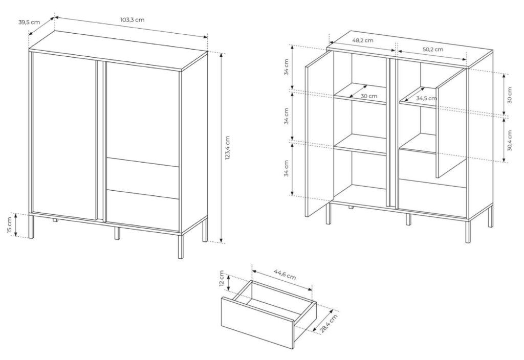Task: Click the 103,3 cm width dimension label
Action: (x=132, y=20)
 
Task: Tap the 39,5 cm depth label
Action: (x=29, y=22)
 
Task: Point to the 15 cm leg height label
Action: (x=10, y=225)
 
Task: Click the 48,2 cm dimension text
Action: (x=362, y=40)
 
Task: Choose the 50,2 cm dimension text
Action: (x=433, y=49)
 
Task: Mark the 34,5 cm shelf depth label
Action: (x=426, y=98)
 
